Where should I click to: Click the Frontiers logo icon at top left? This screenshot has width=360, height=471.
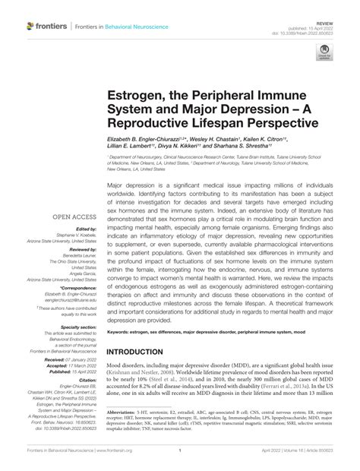tap(31, 27)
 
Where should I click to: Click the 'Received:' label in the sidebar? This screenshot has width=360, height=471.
tap(79, 371)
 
